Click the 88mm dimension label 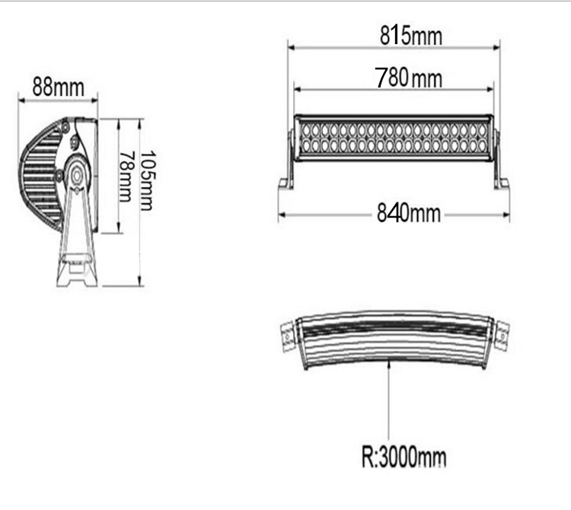tap(57, 87)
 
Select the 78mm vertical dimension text tap(126, 176)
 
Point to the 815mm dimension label tap(411, 35)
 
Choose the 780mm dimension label tap(409, 77)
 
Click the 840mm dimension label tap(409, 214)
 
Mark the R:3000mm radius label tap(403, 458)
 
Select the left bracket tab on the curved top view tap(287, 334)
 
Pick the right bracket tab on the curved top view tap(502, 333)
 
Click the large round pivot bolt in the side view tap(77, 174)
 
